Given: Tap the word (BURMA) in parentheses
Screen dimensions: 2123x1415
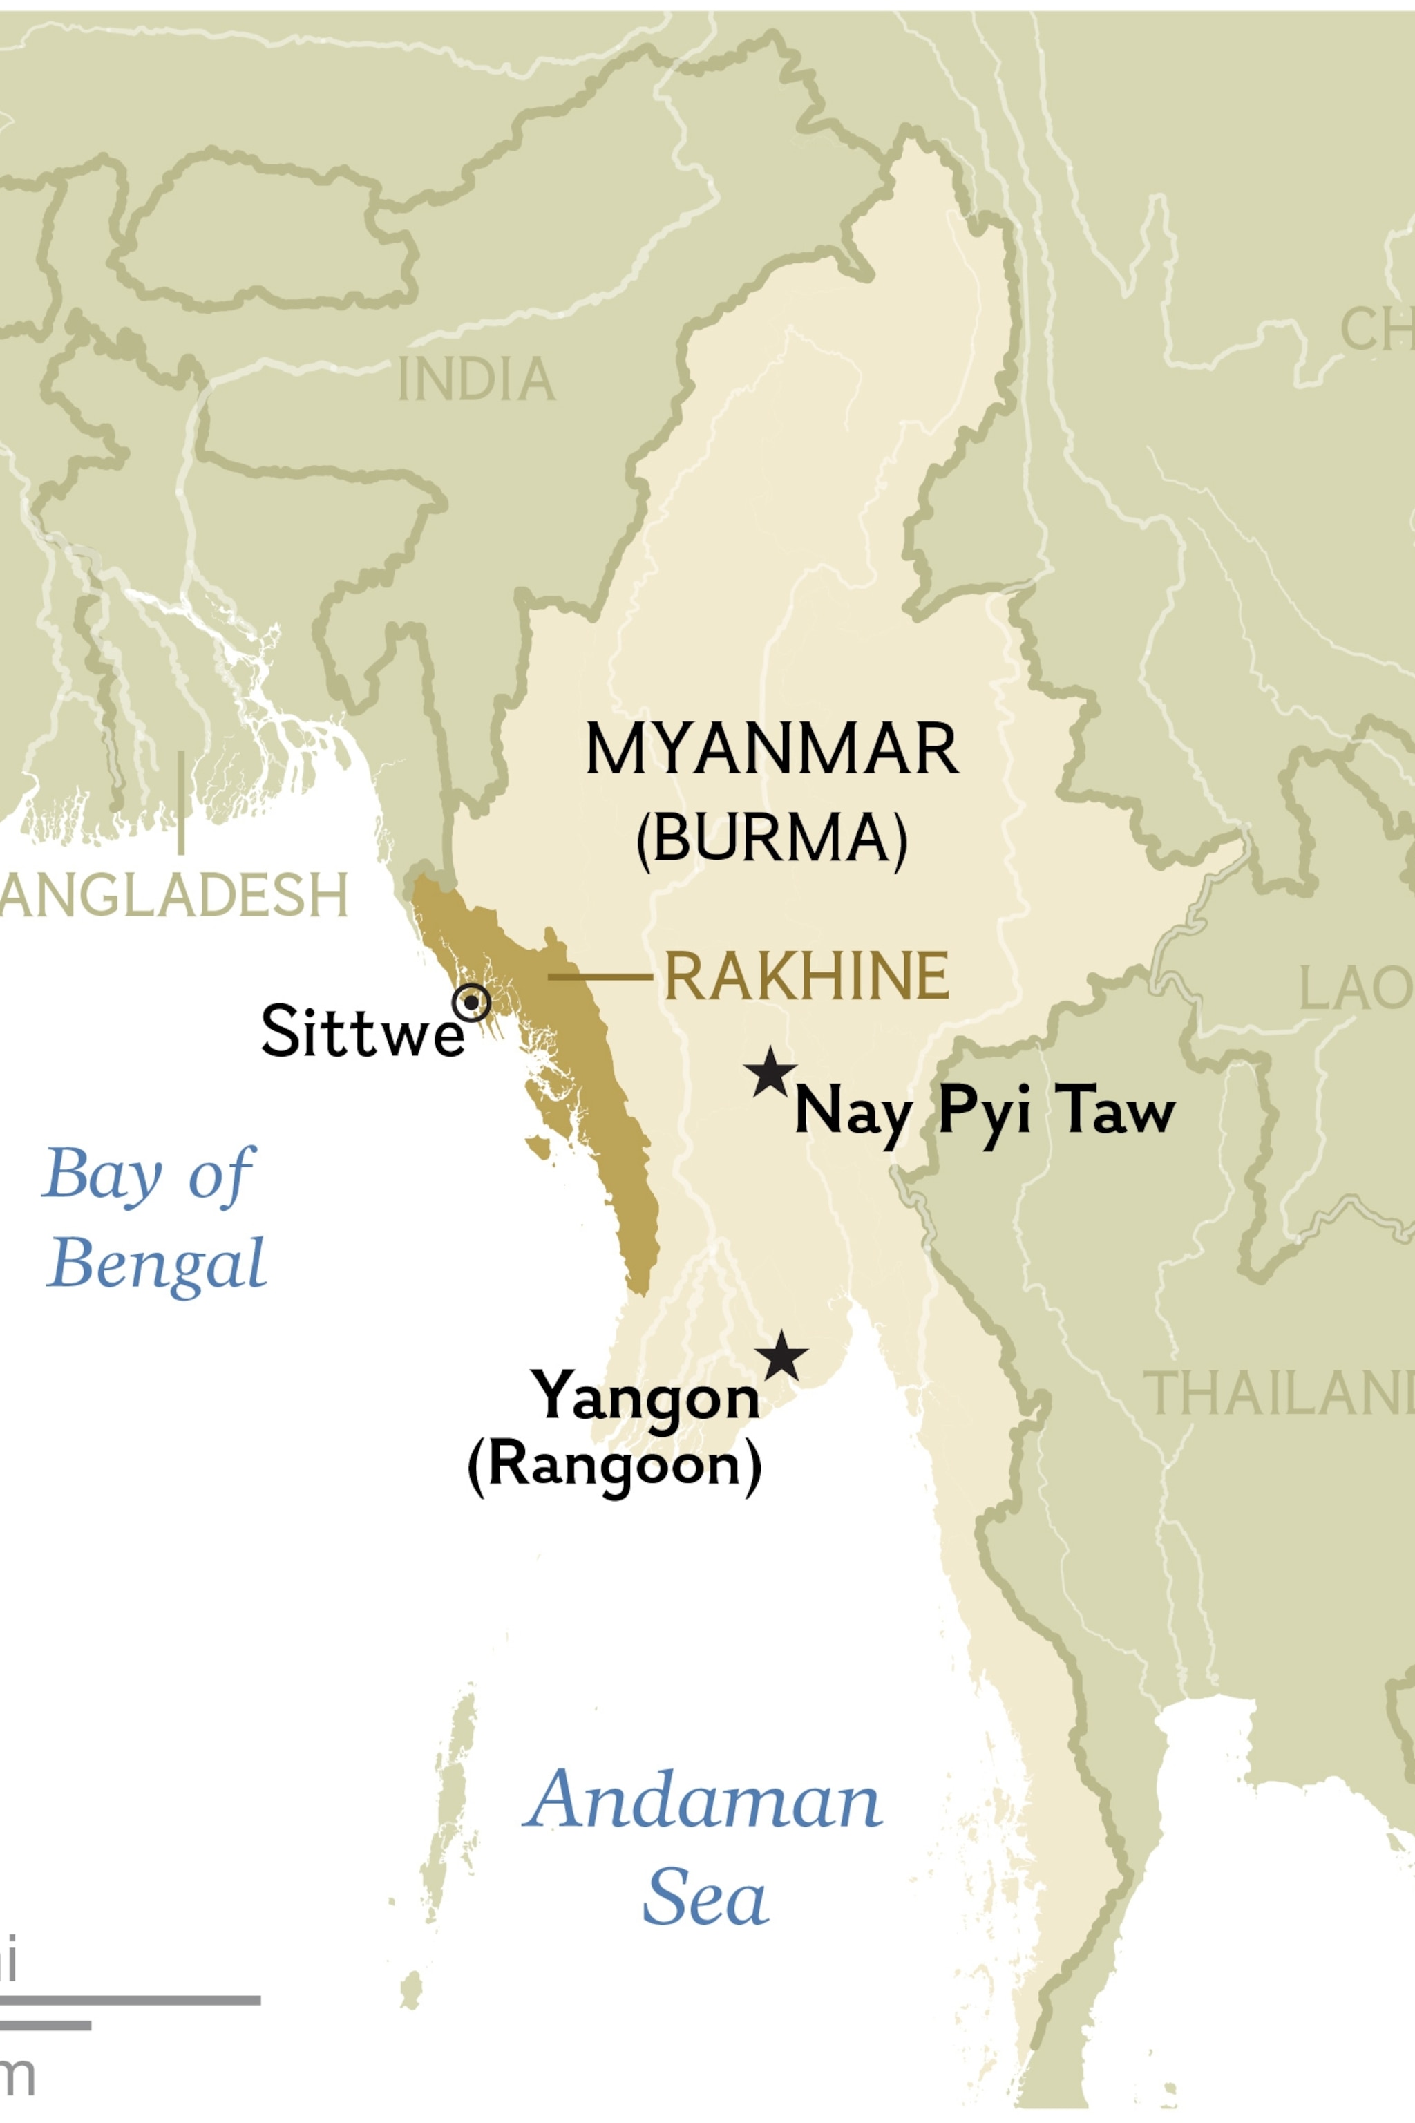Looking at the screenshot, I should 772,838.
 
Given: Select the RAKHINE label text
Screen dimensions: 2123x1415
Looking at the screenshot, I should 806,976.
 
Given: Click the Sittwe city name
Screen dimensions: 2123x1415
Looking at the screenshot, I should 362,1031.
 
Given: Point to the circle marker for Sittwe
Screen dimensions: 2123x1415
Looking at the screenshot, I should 472,1002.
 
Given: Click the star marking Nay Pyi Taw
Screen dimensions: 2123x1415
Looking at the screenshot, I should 770,1073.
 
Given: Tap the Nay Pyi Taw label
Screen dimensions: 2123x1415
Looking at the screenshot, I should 984,1112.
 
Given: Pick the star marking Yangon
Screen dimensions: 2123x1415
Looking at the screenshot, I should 781,1357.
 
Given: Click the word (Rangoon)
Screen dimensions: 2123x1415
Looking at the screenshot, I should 614,1464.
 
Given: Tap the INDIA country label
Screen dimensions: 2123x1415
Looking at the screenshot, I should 477,380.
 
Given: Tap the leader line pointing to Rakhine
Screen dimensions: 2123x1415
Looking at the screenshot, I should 600,976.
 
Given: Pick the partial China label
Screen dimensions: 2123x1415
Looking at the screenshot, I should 1377,330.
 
